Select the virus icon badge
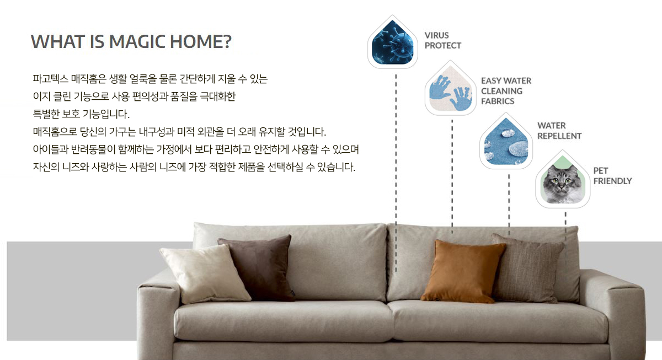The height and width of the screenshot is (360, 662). tap(392, 42)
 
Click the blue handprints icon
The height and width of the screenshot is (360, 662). tap(450, 89)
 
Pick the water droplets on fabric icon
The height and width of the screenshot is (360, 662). tap(506, 142)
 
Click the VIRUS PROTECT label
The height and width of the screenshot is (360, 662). tap(442, 40)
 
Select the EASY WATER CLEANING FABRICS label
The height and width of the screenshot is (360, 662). tap(506, 91)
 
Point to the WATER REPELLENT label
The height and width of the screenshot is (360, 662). tap(559, 131)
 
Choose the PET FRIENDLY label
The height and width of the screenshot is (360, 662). tap(612, 176)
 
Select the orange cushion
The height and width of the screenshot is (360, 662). tap(463, 271)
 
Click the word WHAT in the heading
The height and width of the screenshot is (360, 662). tap(58, 41)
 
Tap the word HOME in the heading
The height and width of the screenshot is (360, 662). tap(196, 41)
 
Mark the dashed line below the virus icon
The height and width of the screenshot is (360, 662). tap(396, 173)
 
